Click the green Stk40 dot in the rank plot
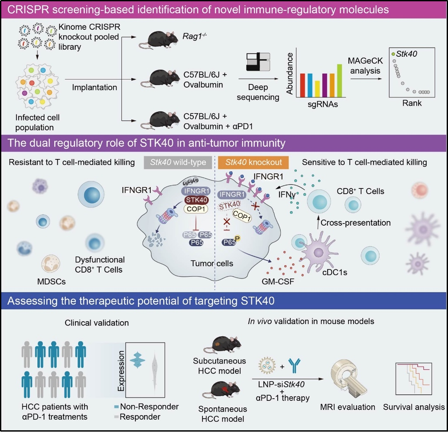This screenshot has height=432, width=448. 393,54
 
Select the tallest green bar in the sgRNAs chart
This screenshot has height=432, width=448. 339,81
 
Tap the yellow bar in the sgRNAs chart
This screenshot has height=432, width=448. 317,89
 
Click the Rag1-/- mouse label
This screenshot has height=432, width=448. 195,36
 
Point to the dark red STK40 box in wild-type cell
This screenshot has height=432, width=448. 197,200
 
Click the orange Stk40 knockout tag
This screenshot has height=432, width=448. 253,162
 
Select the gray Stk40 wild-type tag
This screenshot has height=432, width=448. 178,162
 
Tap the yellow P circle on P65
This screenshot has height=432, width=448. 237,238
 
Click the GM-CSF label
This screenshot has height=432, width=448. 278,282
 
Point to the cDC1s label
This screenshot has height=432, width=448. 334,272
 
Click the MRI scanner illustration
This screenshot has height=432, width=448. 348,378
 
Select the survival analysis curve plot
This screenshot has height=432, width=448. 413,379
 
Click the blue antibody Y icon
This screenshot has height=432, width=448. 295,366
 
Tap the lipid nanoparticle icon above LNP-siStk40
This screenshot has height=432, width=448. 267,366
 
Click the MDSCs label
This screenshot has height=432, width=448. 52,282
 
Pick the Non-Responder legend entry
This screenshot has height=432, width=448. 146,406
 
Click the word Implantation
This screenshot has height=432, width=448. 94,87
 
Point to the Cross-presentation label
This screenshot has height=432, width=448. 355,223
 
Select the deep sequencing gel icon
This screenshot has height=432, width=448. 258,62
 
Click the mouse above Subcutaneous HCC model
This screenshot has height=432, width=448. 223,345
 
